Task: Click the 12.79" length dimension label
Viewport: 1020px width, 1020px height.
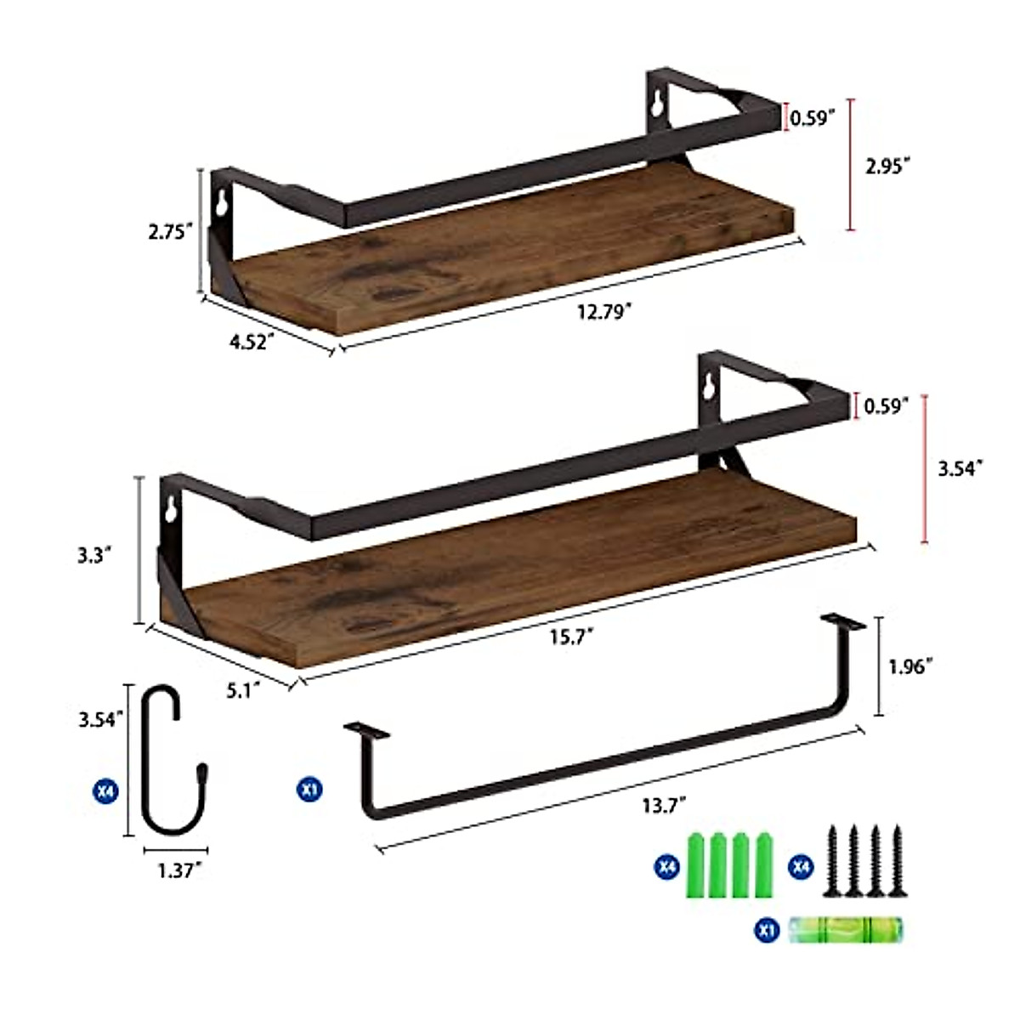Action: pyautogui.click(x=604, y=312)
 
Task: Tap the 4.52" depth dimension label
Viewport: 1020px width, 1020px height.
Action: pyautogui.click(x=252, y=342)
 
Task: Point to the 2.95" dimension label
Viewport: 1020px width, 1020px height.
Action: pyautogui.click(x=887, y=166)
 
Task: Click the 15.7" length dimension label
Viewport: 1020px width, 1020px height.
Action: pyautogui.click(x=572, y=636)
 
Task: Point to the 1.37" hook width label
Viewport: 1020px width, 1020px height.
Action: pyautogui.click(x=178, y=870)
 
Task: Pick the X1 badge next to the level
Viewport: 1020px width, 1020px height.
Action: pyautogui.click(x=768, y=930)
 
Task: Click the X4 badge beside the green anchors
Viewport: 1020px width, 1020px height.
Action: pyautogui.click(x=666, y=867)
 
